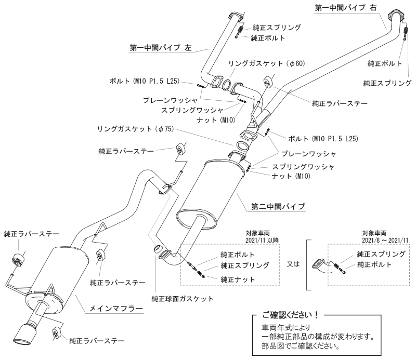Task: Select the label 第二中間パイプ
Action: [275, 206]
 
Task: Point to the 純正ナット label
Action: [238, 279]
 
